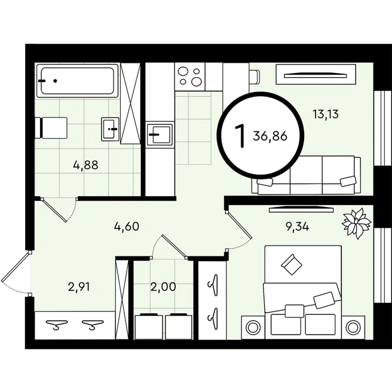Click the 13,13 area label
326,115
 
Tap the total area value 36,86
270,136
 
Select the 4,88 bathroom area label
86,166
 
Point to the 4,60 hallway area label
127,226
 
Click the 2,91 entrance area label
79,287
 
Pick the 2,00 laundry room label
163,287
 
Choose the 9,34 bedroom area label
297,226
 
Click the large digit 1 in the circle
239,136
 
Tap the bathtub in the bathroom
78,81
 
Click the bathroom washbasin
110,128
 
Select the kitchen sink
160,134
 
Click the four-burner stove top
190,76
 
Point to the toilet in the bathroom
51,128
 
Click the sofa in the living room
306,175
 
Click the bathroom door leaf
54,210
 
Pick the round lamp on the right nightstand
352,327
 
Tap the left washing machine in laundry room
149,326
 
